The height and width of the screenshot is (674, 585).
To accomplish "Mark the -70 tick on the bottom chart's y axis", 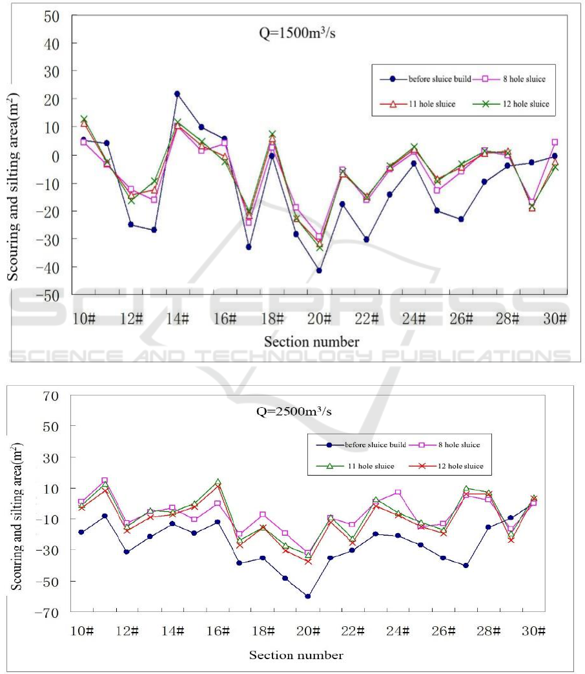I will coord(46,611).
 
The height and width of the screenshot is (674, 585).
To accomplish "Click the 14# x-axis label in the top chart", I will coord(178,319).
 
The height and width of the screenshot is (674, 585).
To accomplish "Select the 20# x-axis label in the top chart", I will coord(319,319).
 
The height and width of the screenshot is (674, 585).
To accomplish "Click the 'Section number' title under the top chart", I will coord(311,341).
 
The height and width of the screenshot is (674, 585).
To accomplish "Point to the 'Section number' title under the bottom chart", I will coord(296,655).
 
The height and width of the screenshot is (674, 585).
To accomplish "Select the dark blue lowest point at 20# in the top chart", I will coord(319,271).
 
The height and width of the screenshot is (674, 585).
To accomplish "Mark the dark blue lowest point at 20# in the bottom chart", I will coord(308,596).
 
